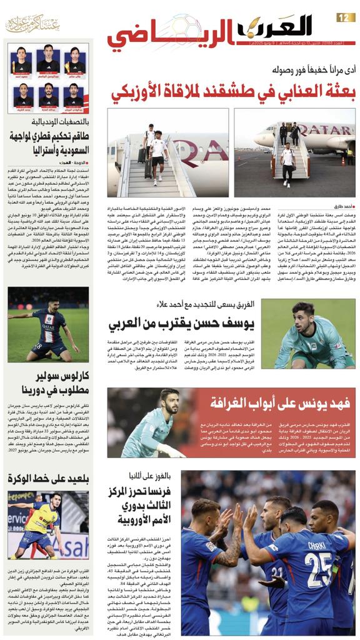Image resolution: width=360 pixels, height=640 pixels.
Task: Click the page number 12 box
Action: click(346, 17)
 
